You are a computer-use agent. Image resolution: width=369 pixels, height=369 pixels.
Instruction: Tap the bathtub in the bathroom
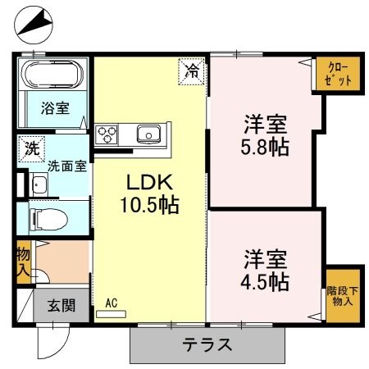point(50,76)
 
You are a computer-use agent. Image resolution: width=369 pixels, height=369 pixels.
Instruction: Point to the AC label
point(112,302)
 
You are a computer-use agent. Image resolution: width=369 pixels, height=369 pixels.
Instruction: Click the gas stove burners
point(108,134)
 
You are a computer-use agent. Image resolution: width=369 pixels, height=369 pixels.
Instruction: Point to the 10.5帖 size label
point(147,203)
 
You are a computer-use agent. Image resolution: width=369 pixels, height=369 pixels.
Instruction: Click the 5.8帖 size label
point(264,148)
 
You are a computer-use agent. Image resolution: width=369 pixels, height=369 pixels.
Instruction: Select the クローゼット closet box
point(338,75)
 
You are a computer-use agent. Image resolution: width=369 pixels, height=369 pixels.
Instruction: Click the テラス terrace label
point(207,344)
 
